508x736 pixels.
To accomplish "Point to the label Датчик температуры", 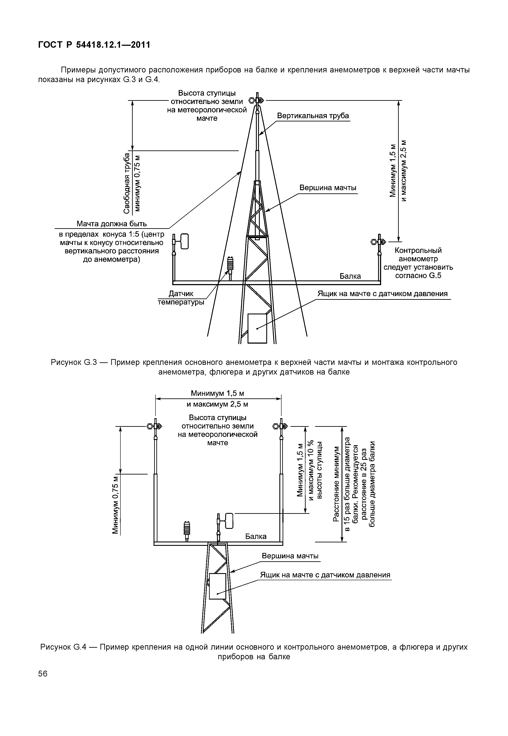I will [x=181, y=298].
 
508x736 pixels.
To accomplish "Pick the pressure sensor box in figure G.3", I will [x=257, y=328].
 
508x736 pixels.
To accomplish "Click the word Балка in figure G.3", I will [x=350, y=276].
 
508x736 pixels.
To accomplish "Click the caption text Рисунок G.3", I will [x=73, y=362].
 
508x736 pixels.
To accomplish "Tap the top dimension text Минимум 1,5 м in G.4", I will [x=217, y=393].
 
